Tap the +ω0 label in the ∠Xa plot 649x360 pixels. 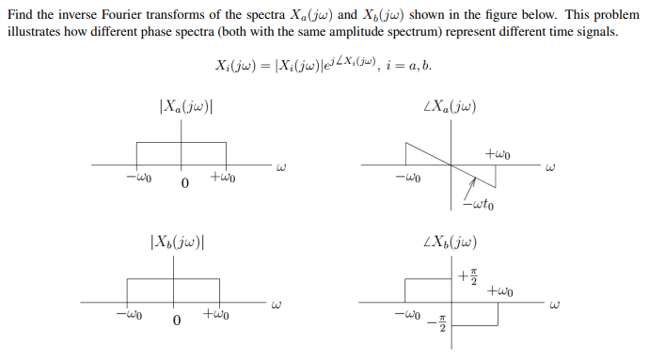(x=497, y=153)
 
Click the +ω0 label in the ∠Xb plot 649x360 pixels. (x=499, y=291)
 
